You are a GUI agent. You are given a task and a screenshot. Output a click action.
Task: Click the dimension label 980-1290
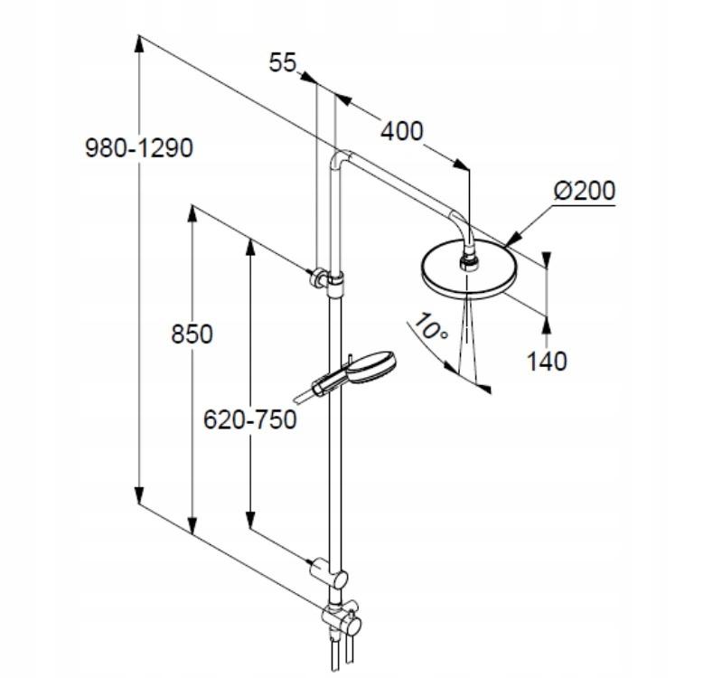point(139,147)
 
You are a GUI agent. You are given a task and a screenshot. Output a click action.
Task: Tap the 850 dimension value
point(192,334)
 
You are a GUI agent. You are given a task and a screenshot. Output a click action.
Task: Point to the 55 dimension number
point(283,62)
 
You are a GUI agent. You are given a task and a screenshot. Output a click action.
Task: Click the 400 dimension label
point(401,131)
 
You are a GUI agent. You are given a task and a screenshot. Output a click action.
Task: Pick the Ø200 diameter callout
point(584,191)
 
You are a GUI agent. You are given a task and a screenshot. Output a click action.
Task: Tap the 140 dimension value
point(547,362)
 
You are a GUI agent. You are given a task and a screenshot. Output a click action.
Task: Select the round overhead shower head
point(468,273)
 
